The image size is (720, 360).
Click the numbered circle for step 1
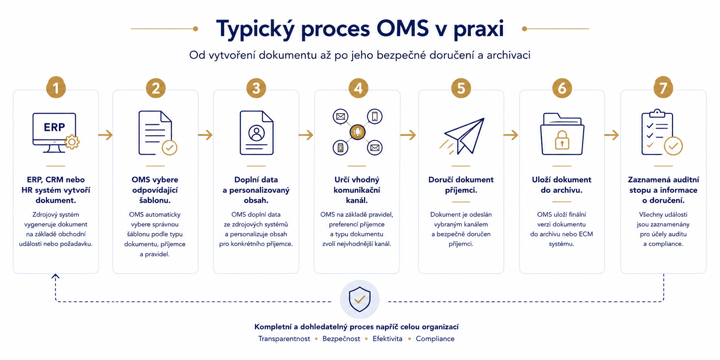point(56,88)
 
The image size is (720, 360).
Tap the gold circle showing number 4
point(358,88)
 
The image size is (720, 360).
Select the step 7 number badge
point(663,88)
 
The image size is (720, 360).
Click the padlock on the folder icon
point(562,140)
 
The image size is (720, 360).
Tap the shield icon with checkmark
point(360,299)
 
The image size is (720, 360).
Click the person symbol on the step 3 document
point(257,133)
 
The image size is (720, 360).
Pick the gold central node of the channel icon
point(358,132)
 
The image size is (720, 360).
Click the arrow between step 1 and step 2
point(106,135)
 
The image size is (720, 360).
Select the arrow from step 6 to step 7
point(612,135)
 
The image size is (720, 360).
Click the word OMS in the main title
point(403,28)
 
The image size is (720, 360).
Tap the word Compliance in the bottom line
point(435,338)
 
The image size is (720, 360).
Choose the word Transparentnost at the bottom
point(284,338)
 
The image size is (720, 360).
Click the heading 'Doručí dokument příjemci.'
point(461,185)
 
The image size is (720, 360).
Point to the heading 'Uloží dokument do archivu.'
point(562,185)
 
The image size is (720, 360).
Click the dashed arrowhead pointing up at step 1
point(56,276)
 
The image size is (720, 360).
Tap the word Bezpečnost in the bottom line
point(341,338)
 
